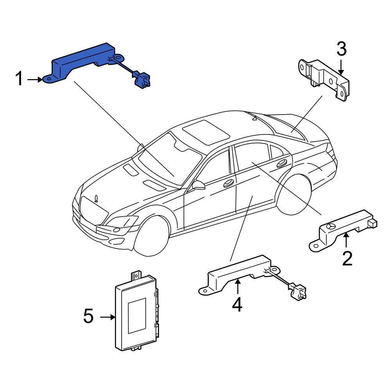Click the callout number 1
click(19, 79)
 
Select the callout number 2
click(347, 258)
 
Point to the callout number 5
click(89, 316)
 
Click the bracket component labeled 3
click(325, 78)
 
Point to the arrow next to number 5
click(107, 317)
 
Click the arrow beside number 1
click(35, 79)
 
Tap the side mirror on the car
click(199, 185)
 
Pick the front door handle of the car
click(228, 183)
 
